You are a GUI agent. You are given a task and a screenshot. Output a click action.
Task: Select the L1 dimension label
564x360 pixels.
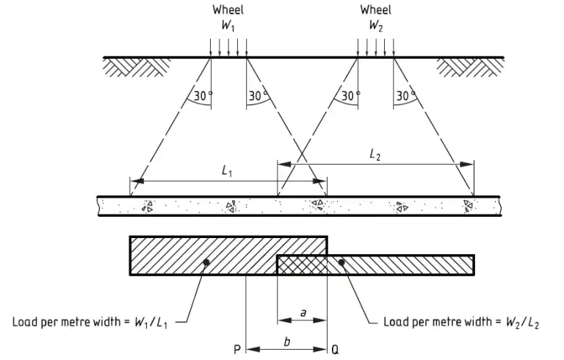pyautogui.click(x=228, y=170)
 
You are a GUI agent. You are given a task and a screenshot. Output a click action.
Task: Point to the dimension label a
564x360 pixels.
pyautogui.click(x=303, y=313)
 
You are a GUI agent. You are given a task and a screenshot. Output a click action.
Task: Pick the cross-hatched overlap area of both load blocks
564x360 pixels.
pyautogui.click(x=302, y=264)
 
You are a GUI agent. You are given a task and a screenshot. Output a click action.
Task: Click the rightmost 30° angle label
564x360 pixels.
pyautogui.click(x=405, y=96)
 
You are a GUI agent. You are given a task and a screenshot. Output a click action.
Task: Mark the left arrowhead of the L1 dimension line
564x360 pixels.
pyautogui.click(x=134, y=181)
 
